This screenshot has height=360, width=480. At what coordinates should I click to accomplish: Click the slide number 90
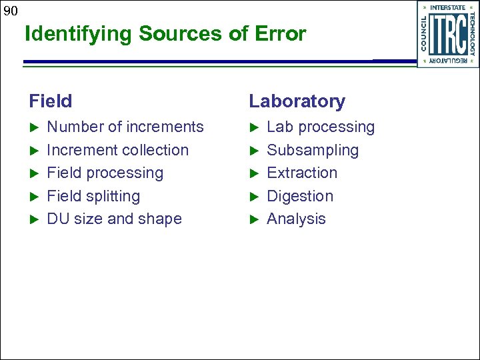pyautogui.click(x=9, y=10)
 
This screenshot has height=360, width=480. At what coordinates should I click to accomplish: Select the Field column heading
pyautogui.click(x=50, y=101)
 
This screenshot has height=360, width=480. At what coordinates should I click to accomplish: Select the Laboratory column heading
pyautogui.click(x=297, y=101)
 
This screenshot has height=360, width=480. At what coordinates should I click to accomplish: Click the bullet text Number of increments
pyautogui.click(x=125, y=127)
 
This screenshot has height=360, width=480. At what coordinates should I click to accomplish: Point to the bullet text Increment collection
pyautogui.click(x=117, y=150)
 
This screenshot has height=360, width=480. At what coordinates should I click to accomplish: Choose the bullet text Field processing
pyautogui.click(x=105, y=173)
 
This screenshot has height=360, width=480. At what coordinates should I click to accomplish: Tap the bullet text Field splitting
pyautogui.click(x=93, y=196)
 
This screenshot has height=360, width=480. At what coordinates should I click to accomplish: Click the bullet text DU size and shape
pyautogui.click(x=114, y=219)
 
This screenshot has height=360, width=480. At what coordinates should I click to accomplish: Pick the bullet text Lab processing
pyautogui.click(x=321, y=127)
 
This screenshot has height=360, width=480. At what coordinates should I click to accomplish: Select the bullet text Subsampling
pyautogui.click(x=313, y=150)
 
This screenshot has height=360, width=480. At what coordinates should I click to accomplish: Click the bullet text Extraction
pyautogui.click(x=302, y=173)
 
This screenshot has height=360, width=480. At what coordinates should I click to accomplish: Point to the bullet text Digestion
pyautogui.click(x=300, y=196)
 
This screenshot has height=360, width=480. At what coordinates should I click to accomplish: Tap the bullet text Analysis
pyautogui.click(x=296, y=219)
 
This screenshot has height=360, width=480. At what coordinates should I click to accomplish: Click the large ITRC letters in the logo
pyautogui.click(x=447, y=35)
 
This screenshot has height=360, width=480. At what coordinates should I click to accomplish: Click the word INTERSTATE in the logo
pyautogui.click(x=448, y=8)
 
